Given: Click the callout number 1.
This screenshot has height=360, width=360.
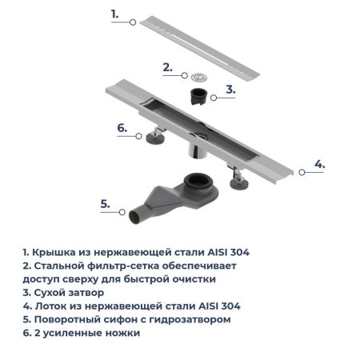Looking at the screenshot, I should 114,14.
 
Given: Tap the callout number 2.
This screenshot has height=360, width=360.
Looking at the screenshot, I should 167,67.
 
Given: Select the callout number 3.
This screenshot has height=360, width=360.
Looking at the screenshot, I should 230,90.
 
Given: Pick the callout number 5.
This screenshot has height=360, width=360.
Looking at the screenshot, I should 105,204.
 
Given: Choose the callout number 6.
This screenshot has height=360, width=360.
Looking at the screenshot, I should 122,127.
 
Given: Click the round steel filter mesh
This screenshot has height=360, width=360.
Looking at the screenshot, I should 198,77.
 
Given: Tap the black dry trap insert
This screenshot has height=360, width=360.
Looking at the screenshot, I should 198,98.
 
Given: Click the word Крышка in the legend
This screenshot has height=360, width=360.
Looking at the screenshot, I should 54,253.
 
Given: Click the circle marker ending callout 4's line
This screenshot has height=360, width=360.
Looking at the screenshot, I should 301,171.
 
